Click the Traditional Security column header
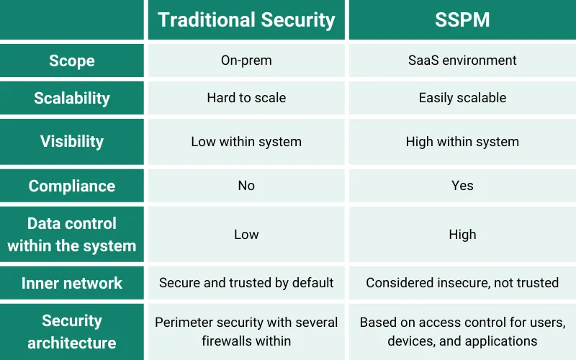coord(246,19)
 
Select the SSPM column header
coord(462,19)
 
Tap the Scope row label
coord(72,60)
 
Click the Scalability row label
coord(72,98)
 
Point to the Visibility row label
coord(72,141)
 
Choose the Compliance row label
coord(72,186)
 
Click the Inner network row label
coord(72,283)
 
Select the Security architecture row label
coord(72,331)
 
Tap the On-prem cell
coord(246,60)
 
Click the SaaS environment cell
coord(462,60)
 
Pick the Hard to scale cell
coord(246,98)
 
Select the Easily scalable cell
coord(462,98)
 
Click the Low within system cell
coord(246,142)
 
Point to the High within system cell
coord(462,142)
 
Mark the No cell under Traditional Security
coord(246,186)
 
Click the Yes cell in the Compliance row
coord(462,186)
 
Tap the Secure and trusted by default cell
coord(246,283)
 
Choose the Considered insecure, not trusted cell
coord(462,283)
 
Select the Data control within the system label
coord(72,235)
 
